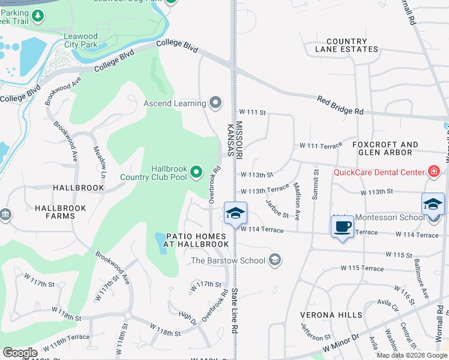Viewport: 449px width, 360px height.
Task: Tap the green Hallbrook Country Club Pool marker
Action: [x=196, y=173]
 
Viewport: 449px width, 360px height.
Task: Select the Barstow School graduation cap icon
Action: [x=275, y=260]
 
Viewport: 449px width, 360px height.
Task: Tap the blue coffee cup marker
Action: [x=342, y=227]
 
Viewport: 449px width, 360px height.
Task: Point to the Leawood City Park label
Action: [x=80, y=40]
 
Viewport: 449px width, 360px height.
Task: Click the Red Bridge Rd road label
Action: [x=340, y=106]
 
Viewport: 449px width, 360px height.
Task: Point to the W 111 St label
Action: [x=252, y=112]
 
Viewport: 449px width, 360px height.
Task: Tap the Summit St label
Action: [x=315, y=186]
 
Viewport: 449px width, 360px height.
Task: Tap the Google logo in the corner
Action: [x=20, y=353]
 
